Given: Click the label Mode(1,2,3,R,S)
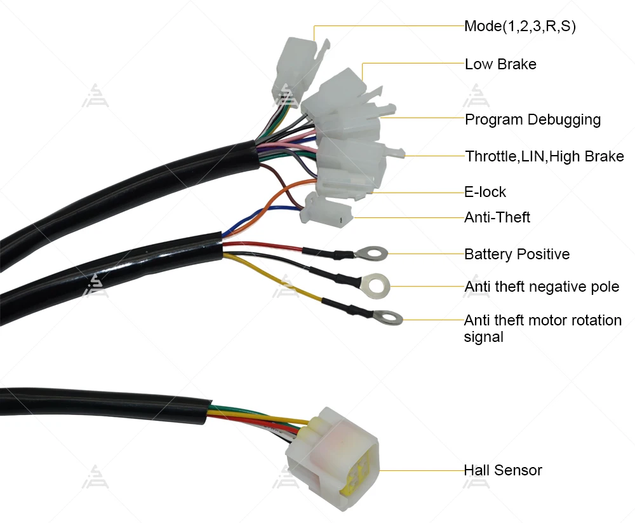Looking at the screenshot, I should (x=520, y=27).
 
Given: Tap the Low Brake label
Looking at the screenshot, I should (x=500, y=64).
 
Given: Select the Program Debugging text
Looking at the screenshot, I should (x=533, y=119).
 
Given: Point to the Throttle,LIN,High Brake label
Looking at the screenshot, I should (x=544, y=156).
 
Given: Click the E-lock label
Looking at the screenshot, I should (x=485, y=192).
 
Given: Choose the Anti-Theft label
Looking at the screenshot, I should (x=497, y=218).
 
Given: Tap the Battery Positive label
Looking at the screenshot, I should (x=517, y=254).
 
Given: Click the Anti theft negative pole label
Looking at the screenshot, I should (x=542, y=287).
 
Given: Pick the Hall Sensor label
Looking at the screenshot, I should (x=502, y=471).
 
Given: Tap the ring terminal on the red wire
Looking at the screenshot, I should (x=371, y=254).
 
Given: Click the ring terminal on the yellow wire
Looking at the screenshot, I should (x=388, y=316).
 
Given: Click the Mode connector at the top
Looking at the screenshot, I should (x=298, y=64).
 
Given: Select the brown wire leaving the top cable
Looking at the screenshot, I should (x=279, y=178).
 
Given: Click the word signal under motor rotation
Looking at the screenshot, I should (x=483, y=337).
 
